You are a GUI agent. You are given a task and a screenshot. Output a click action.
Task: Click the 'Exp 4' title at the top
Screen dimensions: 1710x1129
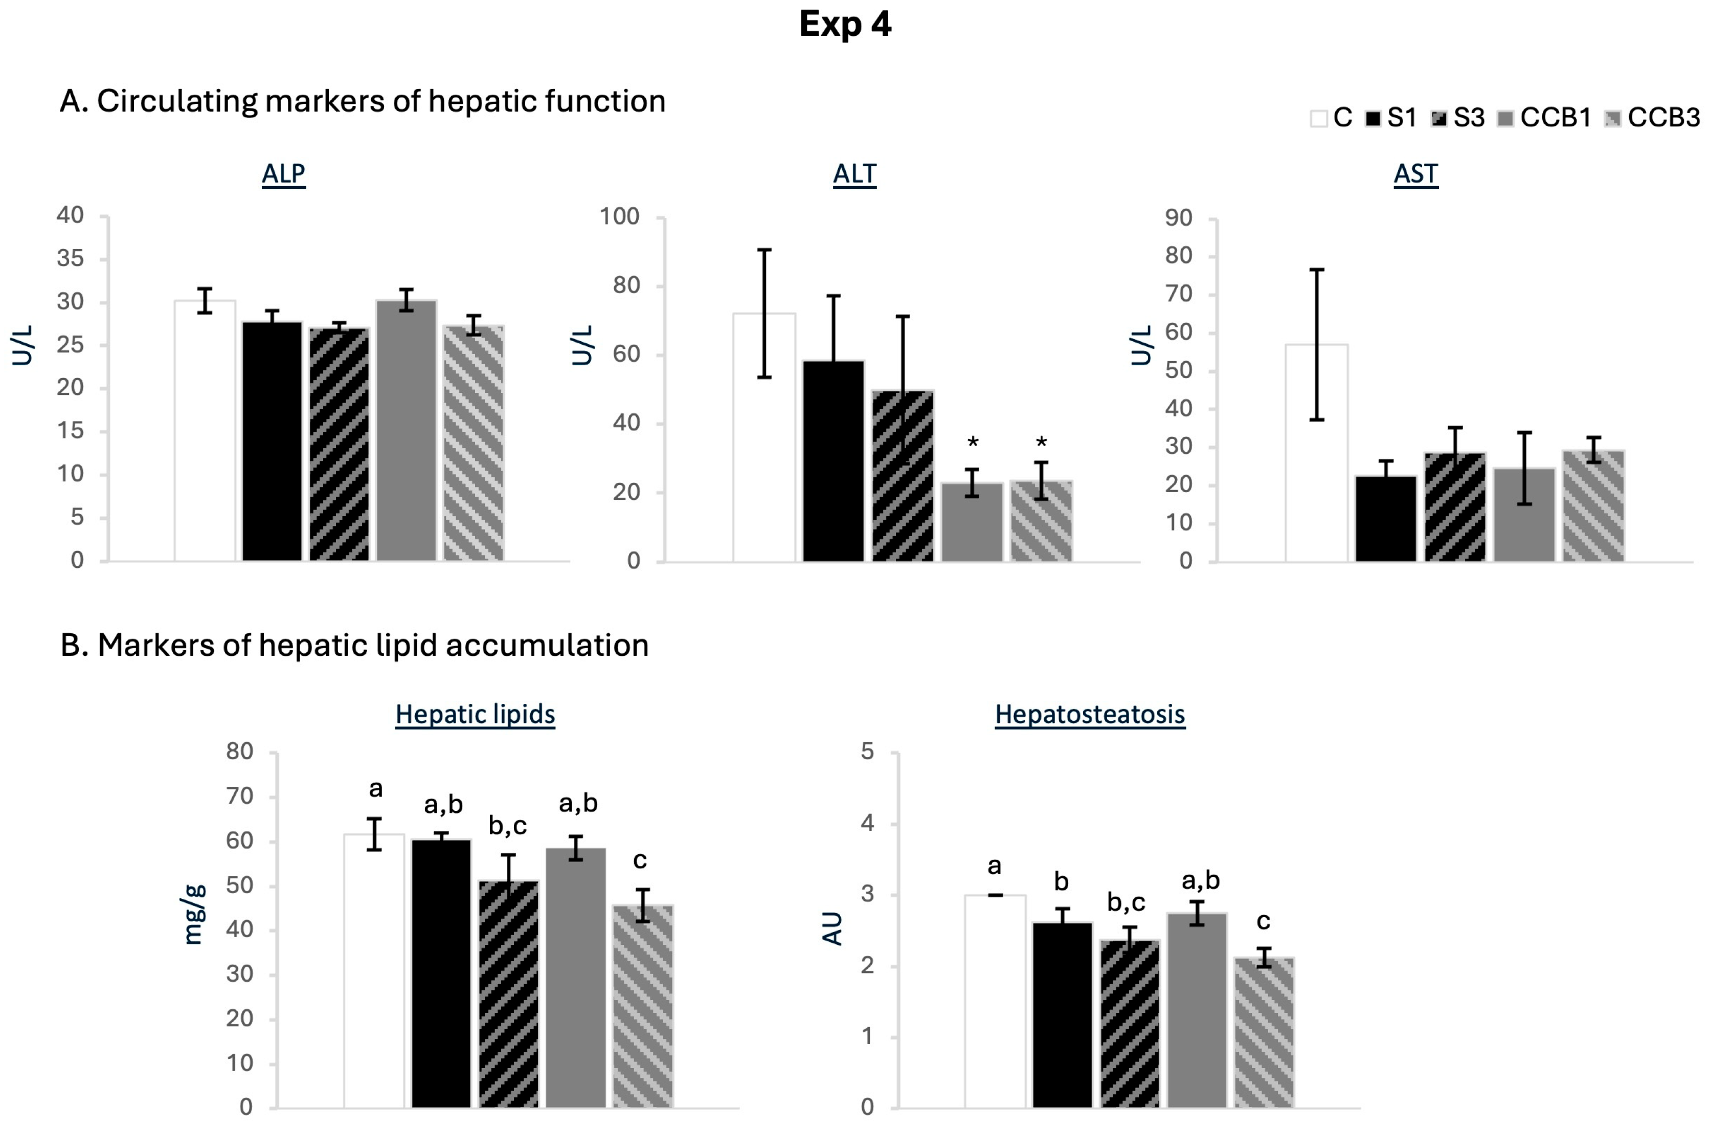(846, 25)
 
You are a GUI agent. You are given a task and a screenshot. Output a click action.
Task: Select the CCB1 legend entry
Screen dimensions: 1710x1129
(1544, 117)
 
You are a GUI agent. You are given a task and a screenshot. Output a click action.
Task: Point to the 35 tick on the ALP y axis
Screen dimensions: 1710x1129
(71, 258)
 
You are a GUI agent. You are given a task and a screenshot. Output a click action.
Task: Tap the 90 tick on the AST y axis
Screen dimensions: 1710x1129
(1179, 217)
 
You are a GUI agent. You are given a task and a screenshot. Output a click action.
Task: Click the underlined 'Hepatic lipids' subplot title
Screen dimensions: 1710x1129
(475, 714)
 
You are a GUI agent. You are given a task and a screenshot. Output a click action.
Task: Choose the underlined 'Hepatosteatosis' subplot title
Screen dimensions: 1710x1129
(1090, 714)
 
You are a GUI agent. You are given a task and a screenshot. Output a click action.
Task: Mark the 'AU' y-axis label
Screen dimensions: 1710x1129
(832, 928)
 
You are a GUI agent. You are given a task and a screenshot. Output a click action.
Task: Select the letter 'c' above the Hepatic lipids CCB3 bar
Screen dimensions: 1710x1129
(640, 860)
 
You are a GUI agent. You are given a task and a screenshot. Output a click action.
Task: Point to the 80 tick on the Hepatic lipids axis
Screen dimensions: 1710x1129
(240, 751)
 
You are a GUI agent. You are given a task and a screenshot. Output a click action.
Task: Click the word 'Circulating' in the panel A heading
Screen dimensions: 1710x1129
(176, 101)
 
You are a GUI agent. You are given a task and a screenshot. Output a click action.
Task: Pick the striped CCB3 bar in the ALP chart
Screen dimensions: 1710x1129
(474, 443)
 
